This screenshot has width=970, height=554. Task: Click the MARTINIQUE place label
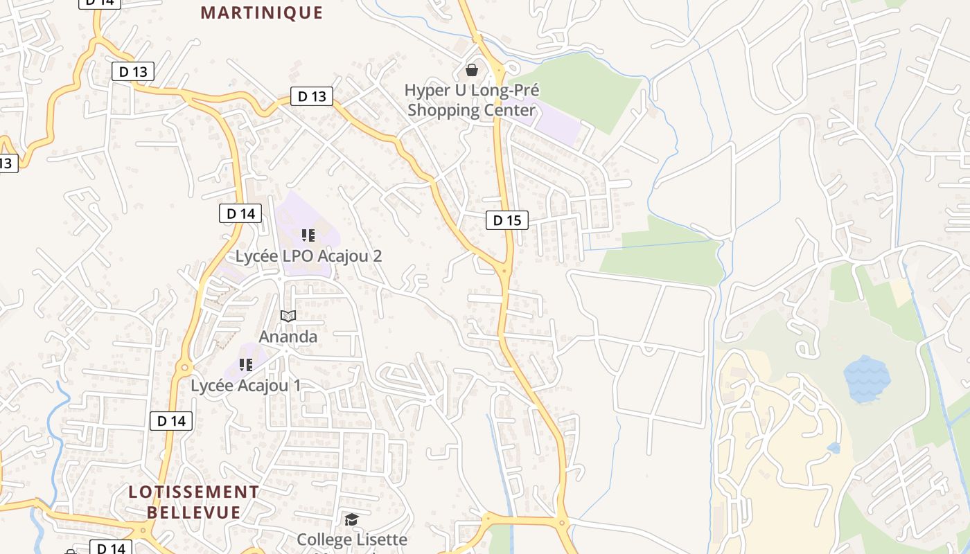[x=262, y=12]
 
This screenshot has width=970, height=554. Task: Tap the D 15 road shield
[x=506, y=220]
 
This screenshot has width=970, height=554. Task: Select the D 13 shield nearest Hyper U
[x=312, y=96]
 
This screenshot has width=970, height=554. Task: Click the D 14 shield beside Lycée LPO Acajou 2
[x=240, y=213]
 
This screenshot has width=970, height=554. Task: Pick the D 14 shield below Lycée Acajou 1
[x=171, y=420]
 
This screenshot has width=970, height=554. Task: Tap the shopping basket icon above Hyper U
[x=471, y=70]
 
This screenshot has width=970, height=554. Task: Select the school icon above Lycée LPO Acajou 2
[x=308, y=235]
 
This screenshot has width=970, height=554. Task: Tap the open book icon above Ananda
[x=288, y=316]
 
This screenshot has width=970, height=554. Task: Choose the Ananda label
[x=288, y=337]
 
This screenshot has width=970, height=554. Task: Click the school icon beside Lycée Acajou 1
[x=245, y=364]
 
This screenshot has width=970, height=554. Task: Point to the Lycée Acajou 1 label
[x=246, y=386]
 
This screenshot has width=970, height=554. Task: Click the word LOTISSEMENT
[x=193, y=492]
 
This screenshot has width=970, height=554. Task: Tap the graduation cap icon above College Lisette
[x=352, y=519]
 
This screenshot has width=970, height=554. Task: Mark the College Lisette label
[x=352, y=539]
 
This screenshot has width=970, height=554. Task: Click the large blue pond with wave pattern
[x=866, y=378]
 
